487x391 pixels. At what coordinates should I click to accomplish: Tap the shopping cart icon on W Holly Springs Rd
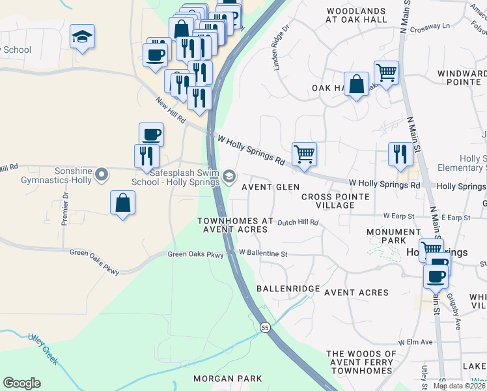[304, 154]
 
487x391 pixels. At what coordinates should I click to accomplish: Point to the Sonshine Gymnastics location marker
[101, 175]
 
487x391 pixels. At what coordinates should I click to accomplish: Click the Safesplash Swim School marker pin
[229, 176]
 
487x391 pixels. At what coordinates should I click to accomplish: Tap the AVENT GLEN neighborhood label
[270, 187]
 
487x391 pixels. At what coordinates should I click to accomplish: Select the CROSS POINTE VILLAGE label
[336, 201]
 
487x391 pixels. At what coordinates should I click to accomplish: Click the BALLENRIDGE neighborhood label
[288, 288]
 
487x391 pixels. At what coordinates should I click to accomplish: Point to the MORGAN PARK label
[228, 379]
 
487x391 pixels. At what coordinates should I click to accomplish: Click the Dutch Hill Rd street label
[298, 222]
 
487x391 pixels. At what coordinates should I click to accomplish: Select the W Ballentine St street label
[263, 252]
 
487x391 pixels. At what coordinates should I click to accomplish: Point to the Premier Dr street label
[65, 209]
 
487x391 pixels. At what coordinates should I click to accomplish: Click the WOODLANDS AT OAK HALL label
[356, 16]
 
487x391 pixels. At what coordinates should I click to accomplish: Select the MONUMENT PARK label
[393, 237]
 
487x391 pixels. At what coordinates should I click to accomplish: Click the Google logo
[21, 383]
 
